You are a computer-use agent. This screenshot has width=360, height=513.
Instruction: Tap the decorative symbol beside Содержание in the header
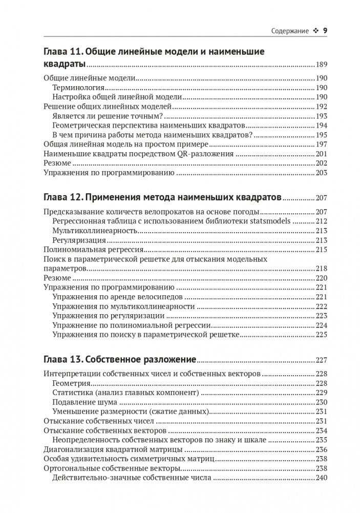[x=315, y=31]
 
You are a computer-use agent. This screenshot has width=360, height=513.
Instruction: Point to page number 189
[x=321, y=65]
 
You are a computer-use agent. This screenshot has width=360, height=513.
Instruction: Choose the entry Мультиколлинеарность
[x=94, y=231]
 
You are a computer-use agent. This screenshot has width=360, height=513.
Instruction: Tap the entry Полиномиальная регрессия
[x=92, y=250]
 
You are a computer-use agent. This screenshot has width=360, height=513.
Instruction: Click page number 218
[x=321, y=269]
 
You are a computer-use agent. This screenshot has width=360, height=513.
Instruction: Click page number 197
[x=321, y=145]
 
